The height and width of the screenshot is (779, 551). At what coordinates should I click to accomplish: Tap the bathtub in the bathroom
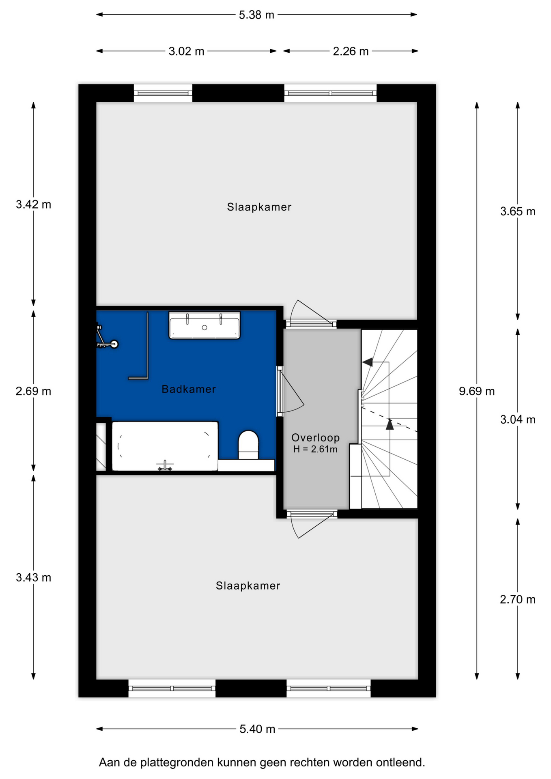click(165, 446)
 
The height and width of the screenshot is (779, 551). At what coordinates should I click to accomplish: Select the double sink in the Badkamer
click(204, 325)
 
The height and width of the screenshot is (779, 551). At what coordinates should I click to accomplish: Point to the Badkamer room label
click(189, 389)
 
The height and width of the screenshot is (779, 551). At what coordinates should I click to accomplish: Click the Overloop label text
click(315, 437)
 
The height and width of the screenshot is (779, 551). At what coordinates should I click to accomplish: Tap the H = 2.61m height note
click(315, 449)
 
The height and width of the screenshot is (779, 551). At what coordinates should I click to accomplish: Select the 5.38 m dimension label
click(256, 15)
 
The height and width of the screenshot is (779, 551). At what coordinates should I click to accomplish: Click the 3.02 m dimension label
click(186, 51)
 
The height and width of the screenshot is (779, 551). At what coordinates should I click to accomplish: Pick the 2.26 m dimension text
click(351, 51)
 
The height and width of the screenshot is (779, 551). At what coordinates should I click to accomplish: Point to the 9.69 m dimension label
click(477, 391)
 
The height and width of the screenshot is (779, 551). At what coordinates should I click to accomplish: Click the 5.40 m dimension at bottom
click(257, 729)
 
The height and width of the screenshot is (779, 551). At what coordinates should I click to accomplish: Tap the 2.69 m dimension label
click(33, 391)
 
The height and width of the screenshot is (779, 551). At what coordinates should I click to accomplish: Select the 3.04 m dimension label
click(518, 420)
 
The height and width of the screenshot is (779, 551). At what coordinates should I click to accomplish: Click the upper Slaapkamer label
click(259, 207)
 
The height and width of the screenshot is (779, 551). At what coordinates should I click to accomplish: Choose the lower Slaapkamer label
click(248, 585)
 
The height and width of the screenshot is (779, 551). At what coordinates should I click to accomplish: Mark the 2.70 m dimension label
click(518, 599)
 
